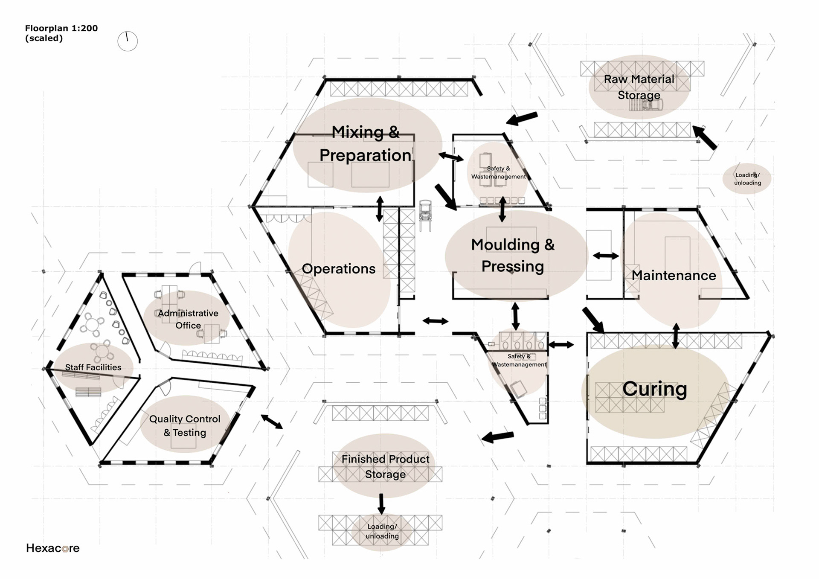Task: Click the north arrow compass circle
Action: (x=128, y=41)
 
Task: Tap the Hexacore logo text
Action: (x=52, y=548)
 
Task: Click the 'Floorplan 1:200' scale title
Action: (x=61, y=28)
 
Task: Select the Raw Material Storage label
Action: (x=639, y=87)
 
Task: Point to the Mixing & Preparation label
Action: (x=366, y=144)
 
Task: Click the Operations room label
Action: (x=338, y=269)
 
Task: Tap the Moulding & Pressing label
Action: (x=513, y=255)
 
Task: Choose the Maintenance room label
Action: (x=674, y=276)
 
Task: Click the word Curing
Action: (x=654, y=389)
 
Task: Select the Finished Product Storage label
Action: (x=385, y=466)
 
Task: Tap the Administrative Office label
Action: (x=188, y=319)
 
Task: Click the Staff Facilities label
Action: (x=93, y=367)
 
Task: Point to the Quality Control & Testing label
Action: (x=185, y=425)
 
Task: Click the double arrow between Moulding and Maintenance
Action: (x=606, y=256)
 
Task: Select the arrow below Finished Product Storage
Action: (x=381, y=503)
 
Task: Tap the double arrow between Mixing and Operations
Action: (x=380, y=209)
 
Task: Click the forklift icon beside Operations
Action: (x=425, y=215)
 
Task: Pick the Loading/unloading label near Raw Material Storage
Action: (x=747, y=179)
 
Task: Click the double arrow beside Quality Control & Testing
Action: (x=272, y=422)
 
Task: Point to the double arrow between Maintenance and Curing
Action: (x=676, y=336)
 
